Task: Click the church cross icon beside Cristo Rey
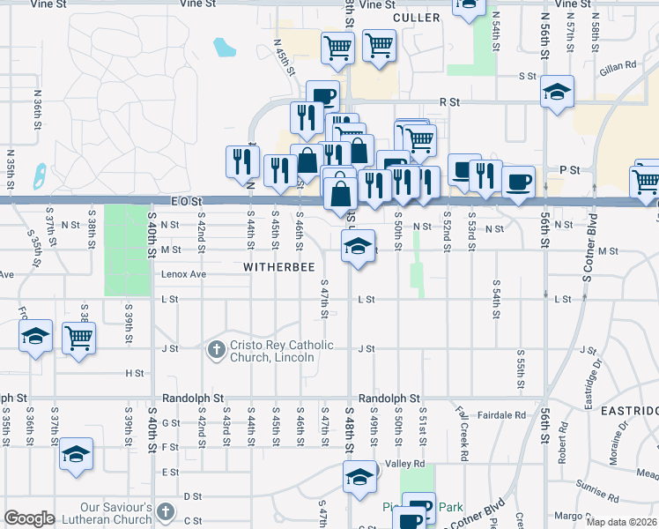(x=216, y=350)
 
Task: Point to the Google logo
(x=29, y=518)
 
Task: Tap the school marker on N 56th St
(x=556, y=92)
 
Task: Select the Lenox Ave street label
(x=182, y=274)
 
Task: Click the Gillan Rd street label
(x=619, y=67)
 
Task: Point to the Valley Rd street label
(x=406, y=464)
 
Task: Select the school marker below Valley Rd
(x=359, y=478)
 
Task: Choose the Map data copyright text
(x=620, y=521)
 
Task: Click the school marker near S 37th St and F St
(x=77, y=455)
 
